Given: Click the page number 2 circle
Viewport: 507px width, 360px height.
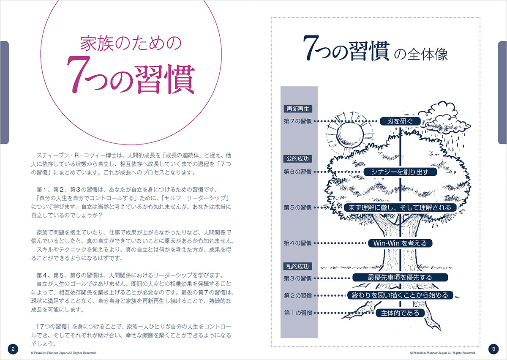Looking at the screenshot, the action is tap(13, 349).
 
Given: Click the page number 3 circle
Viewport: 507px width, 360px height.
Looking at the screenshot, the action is tap(493, 349).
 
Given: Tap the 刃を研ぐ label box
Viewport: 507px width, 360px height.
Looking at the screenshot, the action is tap(400, 121).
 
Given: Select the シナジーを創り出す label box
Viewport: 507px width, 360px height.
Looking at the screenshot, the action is tap(400, 172).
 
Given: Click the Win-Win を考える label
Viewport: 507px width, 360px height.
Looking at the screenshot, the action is tap(400, 243).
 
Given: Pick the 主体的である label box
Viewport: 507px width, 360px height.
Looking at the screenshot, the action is tap(400, 313).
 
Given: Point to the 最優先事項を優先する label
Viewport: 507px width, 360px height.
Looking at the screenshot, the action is tap(400, 277).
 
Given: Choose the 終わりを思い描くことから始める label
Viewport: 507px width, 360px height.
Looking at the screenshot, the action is tap(400, 295).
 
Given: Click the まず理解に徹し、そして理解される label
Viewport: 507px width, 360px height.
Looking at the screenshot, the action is tap(400, 207).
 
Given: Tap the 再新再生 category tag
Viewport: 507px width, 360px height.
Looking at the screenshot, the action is tap(298, 109).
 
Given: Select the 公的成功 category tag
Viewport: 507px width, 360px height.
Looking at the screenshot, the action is tap(297, 159).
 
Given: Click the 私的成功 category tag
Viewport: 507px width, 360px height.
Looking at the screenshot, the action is tap(297, 267).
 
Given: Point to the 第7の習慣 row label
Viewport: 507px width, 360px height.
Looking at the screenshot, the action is tap(298, 121).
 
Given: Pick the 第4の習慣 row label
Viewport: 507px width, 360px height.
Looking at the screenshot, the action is tap(298, 243).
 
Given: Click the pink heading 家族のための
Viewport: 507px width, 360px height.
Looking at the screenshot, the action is tap(131, 43).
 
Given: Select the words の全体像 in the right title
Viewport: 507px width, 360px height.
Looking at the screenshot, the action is tap(421, 55).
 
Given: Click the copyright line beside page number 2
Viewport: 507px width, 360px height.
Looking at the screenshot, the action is tap(63, 353).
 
